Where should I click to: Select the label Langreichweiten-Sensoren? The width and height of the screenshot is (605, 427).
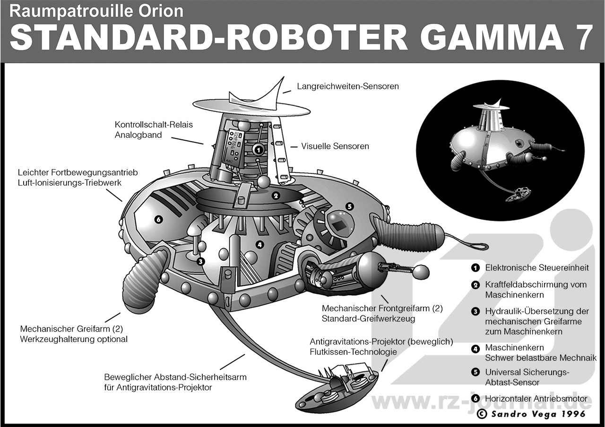coord(348,86)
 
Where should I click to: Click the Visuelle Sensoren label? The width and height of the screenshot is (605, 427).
coord(335,146)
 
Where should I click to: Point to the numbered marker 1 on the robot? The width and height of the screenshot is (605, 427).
coord(258,149)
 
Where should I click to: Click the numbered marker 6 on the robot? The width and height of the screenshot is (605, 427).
coord(158,219)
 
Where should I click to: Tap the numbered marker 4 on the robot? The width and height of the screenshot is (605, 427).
coord(259,244)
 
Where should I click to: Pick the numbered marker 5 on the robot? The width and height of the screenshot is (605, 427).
coord(349,206)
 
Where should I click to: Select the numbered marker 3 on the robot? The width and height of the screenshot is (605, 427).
coord(200,261)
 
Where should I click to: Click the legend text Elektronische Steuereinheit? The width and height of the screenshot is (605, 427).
coord(537,268)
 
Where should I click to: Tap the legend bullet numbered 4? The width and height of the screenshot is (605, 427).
coord(475,349)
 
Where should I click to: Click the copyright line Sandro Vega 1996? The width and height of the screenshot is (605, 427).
coord(531,414)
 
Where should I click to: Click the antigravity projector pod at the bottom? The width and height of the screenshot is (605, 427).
coord(337,386)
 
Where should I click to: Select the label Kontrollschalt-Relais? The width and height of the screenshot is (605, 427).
coord(154,125)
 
